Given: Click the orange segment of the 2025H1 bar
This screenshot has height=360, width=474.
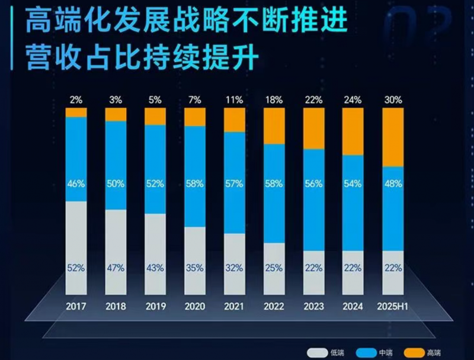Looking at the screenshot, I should (x=392, y=137).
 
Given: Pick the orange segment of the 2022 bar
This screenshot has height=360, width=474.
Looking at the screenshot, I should (x=274, y=126).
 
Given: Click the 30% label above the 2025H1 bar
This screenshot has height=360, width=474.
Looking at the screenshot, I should (x=392, y=99).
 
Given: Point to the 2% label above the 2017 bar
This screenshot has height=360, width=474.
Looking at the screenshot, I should (x=76, y=99).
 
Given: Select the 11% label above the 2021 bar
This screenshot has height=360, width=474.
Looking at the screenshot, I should (x=234, y=99).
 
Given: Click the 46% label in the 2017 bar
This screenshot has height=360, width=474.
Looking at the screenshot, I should (x=76, y=184).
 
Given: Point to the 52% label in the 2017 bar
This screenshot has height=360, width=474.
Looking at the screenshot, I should (x=76, y=268).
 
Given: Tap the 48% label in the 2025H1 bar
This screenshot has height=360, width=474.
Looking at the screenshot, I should (x=392, y=184).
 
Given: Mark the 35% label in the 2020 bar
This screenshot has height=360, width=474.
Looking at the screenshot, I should (x=195, y=268).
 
